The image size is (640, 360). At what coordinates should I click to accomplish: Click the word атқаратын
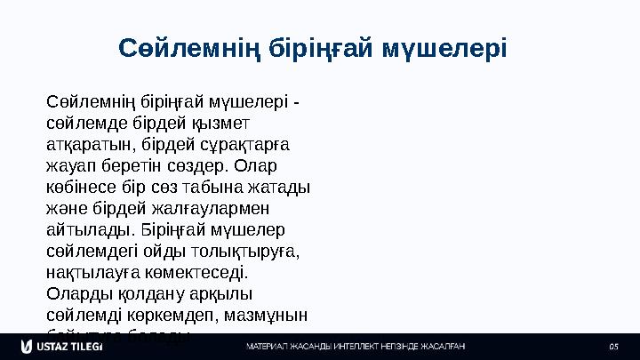click(x=87, y=144)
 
